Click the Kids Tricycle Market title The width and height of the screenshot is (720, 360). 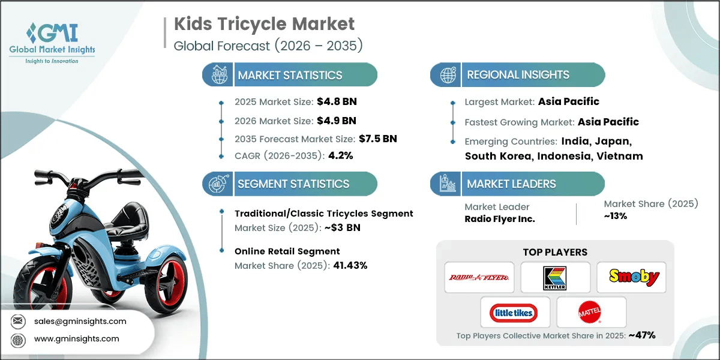point(265,24)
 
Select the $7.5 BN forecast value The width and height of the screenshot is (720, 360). point(377,139)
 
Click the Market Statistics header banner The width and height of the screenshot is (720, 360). point(290,75)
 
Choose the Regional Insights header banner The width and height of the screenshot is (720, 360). point(517,75)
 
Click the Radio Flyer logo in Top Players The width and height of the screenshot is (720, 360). point(479,277)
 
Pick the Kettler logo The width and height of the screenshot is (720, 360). point(555,277)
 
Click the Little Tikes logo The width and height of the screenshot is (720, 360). point(514,312)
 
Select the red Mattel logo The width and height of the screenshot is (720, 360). point(591,312)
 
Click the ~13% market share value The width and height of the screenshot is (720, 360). point(616,216)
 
